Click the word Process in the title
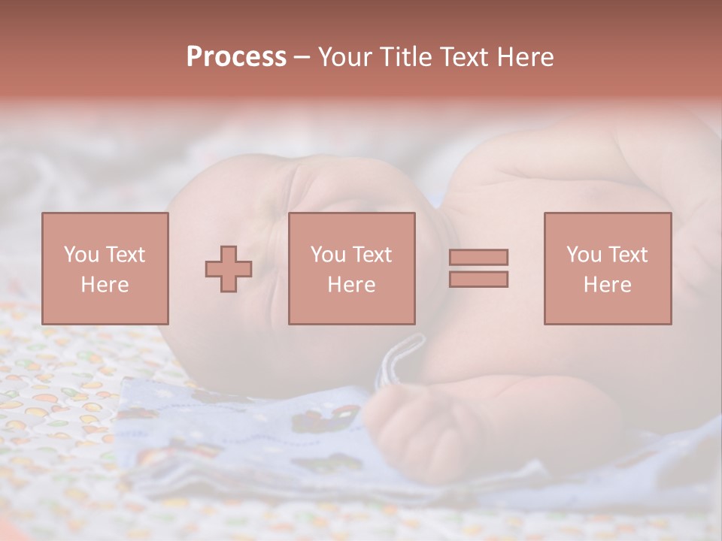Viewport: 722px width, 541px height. coord(236,57)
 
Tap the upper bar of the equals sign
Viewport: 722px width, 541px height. coord(478,257)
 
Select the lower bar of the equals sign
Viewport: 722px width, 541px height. coord(478,280)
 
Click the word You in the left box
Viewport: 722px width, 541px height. coord(80,255)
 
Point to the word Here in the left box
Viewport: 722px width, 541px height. coord(105,285)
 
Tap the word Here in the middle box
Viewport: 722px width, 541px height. coord(351,285)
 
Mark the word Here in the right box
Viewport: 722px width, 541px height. coord(607,285)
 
